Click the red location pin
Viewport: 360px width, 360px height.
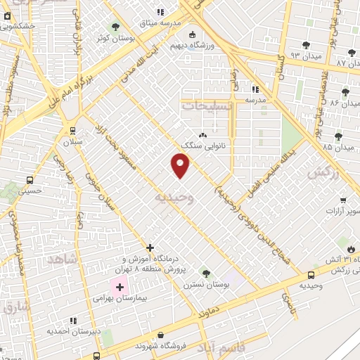pyautogui.click(x=181, y=165)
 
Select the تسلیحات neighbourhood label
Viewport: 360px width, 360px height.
pyautogui.click(x=205, y=104)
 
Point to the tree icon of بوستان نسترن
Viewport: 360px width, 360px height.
pyautogui.click(x=205, y=272)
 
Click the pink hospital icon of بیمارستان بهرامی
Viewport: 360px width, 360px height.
pyautogui.click(x=119, y=286)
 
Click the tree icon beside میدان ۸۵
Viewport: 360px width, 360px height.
pyautogui.click(x=338, y=136)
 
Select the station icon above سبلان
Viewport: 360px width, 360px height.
pyautogui.click(x=72, y=131)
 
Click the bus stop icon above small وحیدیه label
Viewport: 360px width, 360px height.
pyautogui.click(x=311, y=275)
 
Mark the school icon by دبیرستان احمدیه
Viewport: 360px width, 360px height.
pyautogui.click(x=73, y=321)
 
